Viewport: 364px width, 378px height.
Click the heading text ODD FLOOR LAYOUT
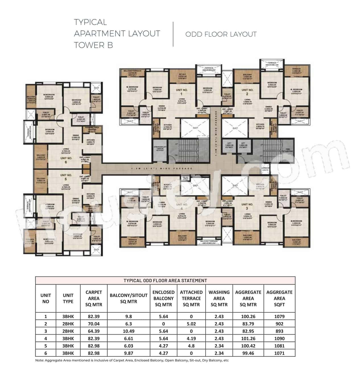point(221,34)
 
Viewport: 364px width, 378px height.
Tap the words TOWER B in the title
point(93,45)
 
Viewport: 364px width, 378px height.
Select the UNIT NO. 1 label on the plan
point(182,91)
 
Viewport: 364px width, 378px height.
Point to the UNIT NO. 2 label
point(247,91)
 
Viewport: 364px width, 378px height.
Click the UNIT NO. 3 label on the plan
point(247,206)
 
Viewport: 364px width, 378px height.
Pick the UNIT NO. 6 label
point(66,160)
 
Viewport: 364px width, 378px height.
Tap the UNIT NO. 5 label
point(66,177)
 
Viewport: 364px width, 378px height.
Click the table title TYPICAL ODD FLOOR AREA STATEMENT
point(165,280)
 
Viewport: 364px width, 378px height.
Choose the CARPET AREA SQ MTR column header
point(94,298)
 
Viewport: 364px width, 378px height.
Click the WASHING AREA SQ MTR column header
point(219,298)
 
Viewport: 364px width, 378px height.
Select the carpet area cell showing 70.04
point(94,324)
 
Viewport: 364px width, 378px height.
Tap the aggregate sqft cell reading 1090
point(279,339)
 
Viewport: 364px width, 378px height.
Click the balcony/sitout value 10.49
point(129,331)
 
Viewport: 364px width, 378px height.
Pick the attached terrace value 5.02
point(191,324)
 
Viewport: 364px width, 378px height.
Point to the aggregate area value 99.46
point(248,353)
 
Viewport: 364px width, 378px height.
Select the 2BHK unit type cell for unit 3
point(68,331)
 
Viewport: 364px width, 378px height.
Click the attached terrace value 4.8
point(191,346)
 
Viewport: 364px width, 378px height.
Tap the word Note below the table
point(40,360)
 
